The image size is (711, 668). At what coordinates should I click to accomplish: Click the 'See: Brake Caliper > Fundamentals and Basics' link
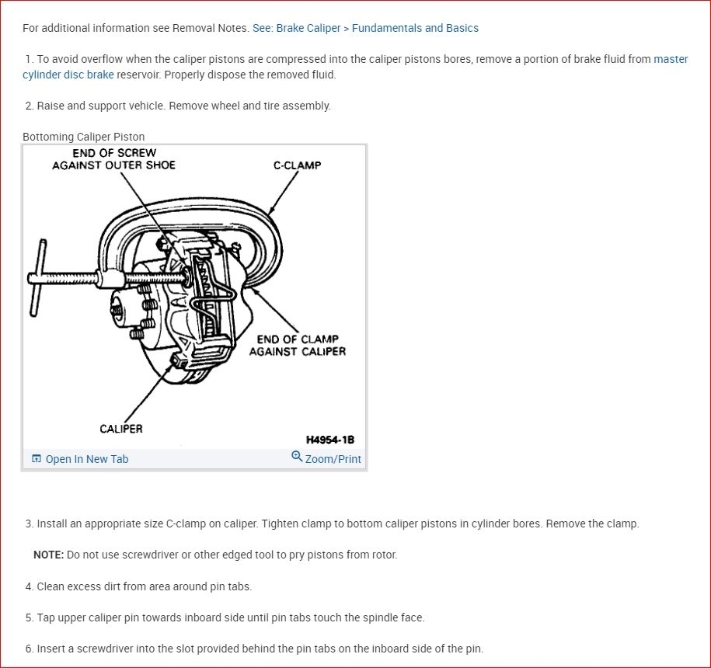pyautogui.click(x=365, y=28)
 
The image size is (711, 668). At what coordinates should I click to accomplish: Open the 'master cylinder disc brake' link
pyautogui.click(x=68, y=75)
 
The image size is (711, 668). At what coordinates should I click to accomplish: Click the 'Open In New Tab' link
pyautogui.click(x=86, y=459)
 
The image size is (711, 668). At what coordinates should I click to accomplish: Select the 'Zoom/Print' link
pyautogui.click(x=333, y=459)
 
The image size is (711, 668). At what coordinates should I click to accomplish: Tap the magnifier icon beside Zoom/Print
pyautogui.click(x=297, y=457)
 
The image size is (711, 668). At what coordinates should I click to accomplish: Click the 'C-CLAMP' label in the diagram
pyautogui.click(x=297, y=165)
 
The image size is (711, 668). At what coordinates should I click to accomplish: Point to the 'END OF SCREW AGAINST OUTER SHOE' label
pyautogui.click(x=114, y=159)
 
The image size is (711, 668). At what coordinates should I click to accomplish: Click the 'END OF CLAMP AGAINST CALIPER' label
pyautogui.click(x=298, y=345)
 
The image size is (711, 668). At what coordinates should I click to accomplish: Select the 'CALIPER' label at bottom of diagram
pyautogui.click(x=120, y=429)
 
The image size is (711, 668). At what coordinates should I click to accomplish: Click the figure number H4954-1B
pyautogui.click(x=330, y=440)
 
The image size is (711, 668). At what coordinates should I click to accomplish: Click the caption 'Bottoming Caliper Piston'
pyautogui.click(x=83, y=137)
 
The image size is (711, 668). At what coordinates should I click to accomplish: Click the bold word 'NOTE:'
pyautogui.click(x=48, y=555)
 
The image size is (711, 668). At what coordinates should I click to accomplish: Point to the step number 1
pyautogui.click(x=29, y=59)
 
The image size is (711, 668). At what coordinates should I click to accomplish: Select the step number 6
pyautogui.click(x=29, y=649)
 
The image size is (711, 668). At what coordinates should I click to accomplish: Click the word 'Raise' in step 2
pyautogui.click(x=51, y=106)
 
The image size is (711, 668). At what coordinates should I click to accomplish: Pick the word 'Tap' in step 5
pyautogui.click(x=47, y=618)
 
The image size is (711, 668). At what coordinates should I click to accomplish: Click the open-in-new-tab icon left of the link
pyautogui.click(x=37, y=459)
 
